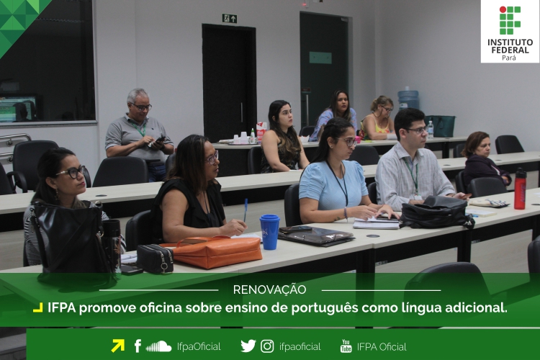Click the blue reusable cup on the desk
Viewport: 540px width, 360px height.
269,232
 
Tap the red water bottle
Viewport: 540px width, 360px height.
520,189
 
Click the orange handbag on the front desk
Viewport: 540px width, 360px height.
215,252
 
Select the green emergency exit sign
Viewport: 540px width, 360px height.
230,18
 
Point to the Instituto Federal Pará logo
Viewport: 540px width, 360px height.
510,32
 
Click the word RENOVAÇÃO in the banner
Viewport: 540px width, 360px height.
269,289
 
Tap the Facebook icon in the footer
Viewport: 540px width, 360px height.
138,346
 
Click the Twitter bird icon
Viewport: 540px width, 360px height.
248,346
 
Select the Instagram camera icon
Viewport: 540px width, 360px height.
267,346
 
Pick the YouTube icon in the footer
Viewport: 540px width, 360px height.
346,346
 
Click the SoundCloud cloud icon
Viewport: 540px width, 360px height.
158,346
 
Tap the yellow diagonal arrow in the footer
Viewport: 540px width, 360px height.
118,346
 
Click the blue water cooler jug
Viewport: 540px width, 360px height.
408,100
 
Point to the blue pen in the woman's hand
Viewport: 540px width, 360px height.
246,210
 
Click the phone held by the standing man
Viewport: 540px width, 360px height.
159,140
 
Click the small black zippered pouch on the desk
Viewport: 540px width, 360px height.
155,258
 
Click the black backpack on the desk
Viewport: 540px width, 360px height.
437,212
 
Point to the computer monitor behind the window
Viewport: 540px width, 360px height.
18,109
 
